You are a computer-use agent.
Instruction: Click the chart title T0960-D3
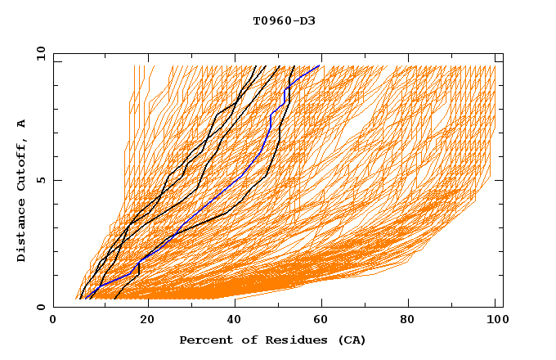284,20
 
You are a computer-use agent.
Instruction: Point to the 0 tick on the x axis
53,322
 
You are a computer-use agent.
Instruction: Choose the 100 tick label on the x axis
495,322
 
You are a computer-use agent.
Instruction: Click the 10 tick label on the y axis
40,53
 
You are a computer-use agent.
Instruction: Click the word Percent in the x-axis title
204,340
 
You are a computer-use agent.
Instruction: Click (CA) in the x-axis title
350,340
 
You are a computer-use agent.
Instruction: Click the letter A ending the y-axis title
22,123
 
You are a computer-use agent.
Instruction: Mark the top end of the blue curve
320,66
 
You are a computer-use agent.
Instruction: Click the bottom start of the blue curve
86,299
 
